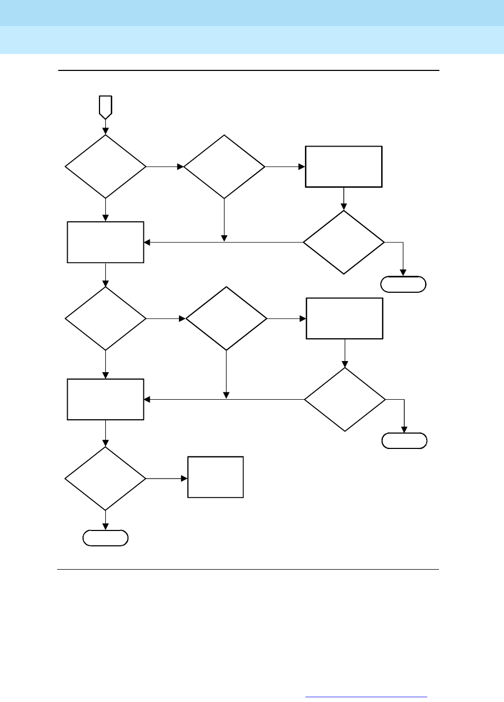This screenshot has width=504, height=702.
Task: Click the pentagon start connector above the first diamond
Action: pos(105,106)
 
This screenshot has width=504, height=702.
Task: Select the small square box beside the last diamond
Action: pos(215,477)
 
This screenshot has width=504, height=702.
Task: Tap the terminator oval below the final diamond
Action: pos(105,538)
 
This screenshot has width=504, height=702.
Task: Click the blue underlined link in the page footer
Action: pos(366,697)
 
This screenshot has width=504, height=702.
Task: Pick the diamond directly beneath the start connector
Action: pos(105,166)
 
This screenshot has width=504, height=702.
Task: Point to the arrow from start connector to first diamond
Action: pos(105,127)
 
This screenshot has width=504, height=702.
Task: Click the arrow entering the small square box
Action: pos(167,479)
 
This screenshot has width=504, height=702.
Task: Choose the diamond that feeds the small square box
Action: pos(105,479)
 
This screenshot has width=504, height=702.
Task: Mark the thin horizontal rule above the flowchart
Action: pos(249,70)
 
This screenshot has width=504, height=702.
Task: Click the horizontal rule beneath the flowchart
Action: pos(249,570)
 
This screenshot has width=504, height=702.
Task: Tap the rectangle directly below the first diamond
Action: pos(105,242)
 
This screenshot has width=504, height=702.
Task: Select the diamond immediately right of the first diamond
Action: pos(224,166)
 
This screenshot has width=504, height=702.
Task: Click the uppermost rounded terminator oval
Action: pos(403,284)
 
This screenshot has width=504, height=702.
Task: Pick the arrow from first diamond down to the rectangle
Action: pos(105,210)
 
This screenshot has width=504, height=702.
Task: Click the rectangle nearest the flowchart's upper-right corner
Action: pos(344,166)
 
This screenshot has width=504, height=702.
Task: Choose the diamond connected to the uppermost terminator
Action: pos(344,242)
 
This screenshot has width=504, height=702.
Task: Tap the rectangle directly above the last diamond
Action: pos(105,399)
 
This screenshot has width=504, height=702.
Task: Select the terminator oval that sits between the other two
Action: pos(404,440)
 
